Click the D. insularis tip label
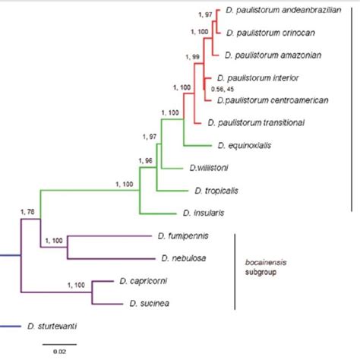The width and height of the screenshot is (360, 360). [x=202, y=213]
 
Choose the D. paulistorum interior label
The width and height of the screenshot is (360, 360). [x=258, y=77]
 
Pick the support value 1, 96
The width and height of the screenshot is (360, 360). [x=145, y=159]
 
